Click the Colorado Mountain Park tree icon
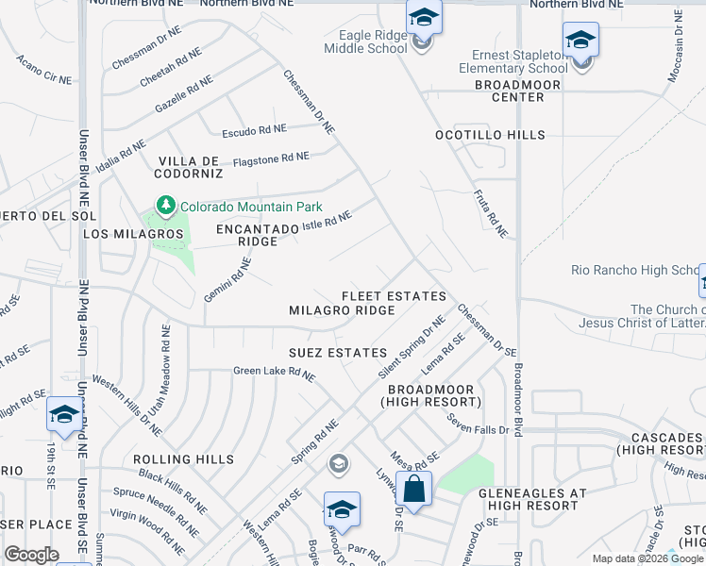point(166,206)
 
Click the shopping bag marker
point(413,490)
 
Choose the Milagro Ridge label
point(341,310)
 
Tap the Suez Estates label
point(337,353)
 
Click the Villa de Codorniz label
point(190,168)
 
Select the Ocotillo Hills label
point(490,136)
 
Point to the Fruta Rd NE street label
point(490,213)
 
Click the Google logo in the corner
point(31,555)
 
